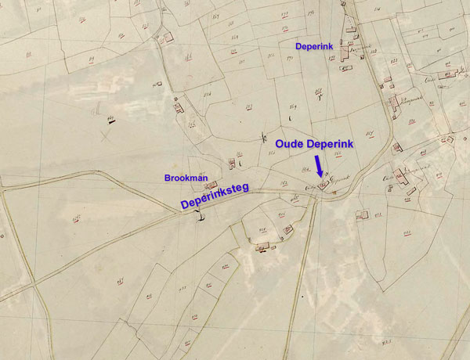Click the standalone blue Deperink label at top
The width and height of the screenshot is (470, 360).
coord(314,47)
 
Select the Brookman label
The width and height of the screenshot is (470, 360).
coord(185,178)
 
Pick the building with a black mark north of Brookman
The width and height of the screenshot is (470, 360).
coord(232,164)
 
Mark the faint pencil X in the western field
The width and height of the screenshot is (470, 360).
coord(105,135)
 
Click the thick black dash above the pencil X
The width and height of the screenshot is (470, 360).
coord(110,119)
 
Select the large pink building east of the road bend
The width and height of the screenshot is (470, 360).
coord(401,178)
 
